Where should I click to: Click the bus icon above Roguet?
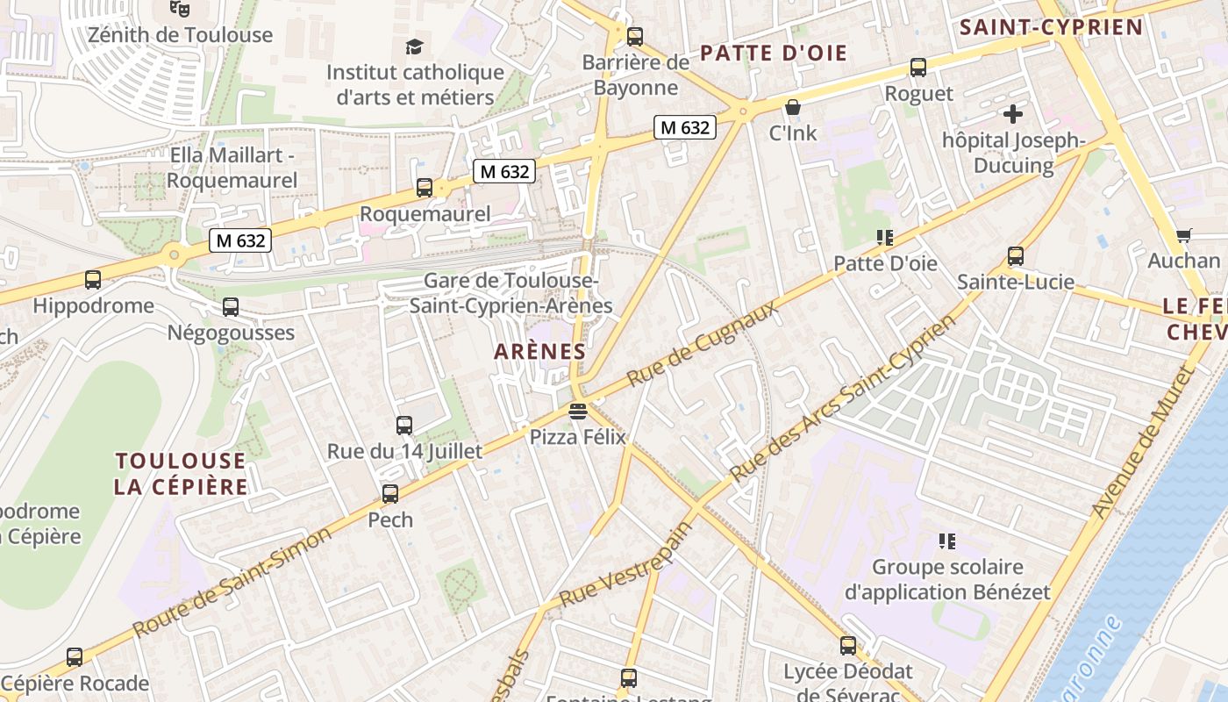coord(918,67)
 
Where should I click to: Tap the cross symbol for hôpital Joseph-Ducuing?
coord(1013,113)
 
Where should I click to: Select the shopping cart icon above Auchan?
coord(1183,235)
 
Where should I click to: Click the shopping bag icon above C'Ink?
coord(793,107)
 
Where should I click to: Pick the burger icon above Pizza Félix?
coord(577,411)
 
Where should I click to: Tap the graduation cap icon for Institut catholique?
coord(413,47)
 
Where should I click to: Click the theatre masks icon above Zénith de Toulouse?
coord(180,9)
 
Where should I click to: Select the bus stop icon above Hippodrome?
coord(93,280)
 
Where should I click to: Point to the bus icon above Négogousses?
coord(231,307)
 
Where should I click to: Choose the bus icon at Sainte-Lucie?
coord(1016,256)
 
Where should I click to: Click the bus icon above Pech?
coord(390,494)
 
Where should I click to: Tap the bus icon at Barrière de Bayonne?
coord(635,37)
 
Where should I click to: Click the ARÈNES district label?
coord(539,352)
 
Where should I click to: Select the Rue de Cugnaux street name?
coord(703,343)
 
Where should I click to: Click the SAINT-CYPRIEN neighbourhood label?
coord(1051,27)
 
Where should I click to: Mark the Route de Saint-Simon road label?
coord(232,582)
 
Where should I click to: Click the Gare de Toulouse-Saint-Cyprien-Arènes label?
coord(510,293)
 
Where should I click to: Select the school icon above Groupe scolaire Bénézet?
coord(946,541)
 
